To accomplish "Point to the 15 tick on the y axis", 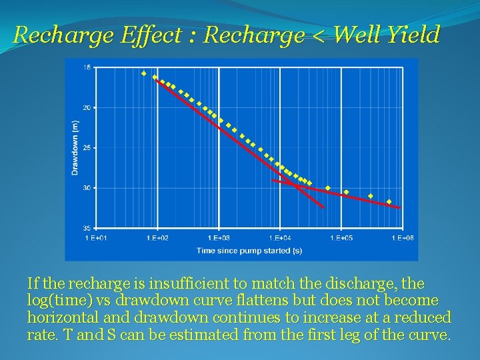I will coord(87,67).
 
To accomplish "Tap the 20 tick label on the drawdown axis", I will coord(87,107).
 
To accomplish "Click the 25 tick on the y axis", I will coord(87,148).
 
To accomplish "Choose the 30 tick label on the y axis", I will coord(87,188).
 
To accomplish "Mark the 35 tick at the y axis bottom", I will coord(87,229).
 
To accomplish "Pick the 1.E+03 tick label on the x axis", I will coord(218,238).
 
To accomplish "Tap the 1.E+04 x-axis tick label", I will coord(279,238).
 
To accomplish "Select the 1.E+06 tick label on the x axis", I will coord(402,238).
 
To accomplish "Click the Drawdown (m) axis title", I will coord(75,147).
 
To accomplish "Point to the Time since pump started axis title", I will coord(249,251).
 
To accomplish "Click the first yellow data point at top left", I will coord(143,73).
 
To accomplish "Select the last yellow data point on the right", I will coord(389,201).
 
